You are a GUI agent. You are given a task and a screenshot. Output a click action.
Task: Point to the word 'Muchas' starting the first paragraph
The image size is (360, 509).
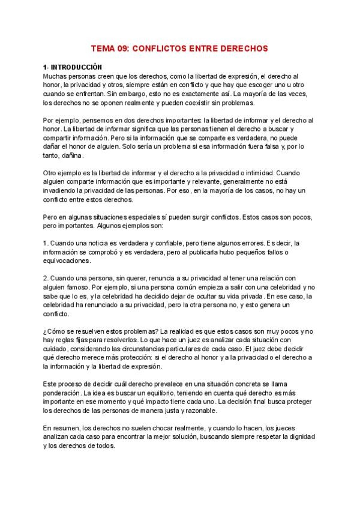pos(55,77)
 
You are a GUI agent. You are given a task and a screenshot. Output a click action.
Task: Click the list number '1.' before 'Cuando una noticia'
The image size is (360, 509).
pos(46,242)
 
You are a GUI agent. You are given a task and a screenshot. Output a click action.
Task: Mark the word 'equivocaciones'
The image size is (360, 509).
pos(67,261)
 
